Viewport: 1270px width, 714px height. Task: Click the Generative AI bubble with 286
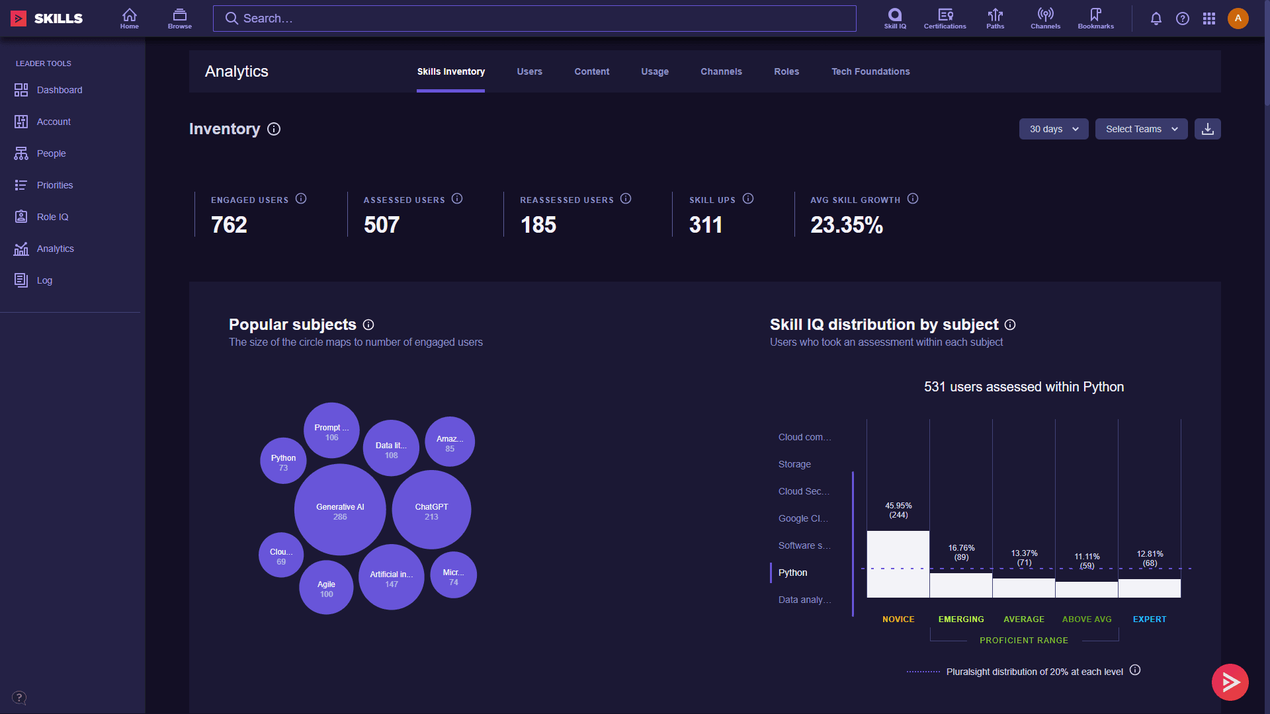click(x=340, y=510)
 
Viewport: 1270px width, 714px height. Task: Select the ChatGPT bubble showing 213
click(x=431, y=510)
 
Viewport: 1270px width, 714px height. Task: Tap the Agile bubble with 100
click(x=326, y=588)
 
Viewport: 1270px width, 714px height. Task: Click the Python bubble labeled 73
click(x=283, y=461)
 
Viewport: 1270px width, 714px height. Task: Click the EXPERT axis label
click(x=1149, y=619)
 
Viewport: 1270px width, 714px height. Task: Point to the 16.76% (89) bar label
click(x=961, y=552)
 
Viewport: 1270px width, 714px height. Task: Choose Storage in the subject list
click(x=794, y=464)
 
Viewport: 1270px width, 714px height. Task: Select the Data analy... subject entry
click(x=804, y=600)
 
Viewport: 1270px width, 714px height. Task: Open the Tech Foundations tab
click(x=870, y=71)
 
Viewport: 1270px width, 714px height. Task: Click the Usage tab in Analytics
click(x=654, y=71)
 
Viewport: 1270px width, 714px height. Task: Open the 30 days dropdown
click(x=1053, y=129)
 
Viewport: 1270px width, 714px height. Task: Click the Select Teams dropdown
click(x=1141, y=129)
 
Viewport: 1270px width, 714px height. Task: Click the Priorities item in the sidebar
click(x=54, y=185)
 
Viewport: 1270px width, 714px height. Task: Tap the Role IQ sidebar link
click(x=52, y=217)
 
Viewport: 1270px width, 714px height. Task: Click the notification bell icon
click(x=1156, y=19)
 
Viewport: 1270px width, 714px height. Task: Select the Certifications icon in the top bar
click(x=945, y=19)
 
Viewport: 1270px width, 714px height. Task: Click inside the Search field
click(x=534, y=19)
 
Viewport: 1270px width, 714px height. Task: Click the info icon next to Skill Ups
click(x=748, y=199)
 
